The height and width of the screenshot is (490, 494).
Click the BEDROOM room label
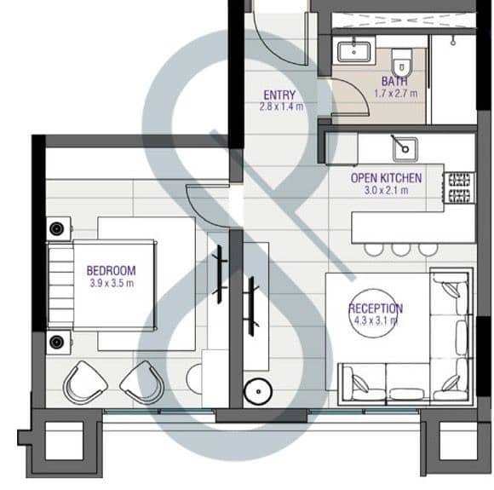click(x=112, y=271)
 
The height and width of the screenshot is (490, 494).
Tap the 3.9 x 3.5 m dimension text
click(x=112, y=283)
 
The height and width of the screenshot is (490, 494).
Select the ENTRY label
click(x=279, y=95)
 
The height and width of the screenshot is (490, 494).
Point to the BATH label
click(x=394, y=81)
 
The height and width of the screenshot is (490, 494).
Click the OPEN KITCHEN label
click(x=386, y=178)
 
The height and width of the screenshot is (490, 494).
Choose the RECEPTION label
click(x=376, y=308)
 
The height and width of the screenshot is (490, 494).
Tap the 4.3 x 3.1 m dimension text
click(x=376, y=320)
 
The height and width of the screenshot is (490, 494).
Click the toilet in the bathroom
click(x=402, y=62)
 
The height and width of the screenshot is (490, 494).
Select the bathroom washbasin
click(x=353, y=52)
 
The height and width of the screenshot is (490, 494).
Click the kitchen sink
click(x=405, y=149)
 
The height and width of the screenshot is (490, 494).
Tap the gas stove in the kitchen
click(x=459, y=188)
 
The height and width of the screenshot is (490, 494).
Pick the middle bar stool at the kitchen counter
click(x=401, y=249)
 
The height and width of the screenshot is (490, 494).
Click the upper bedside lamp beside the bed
click(x=57, y=228)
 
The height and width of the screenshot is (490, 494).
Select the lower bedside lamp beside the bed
click(x=57, y=342)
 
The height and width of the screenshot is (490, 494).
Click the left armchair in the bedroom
click(x=85, y=383)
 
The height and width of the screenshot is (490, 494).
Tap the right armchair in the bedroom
click(x=141, y=383)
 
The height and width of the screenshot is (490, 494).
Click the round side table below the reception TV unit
click(x=258, y=392)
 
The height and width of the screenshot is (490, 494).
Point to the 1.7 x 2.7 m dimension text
click(x=396, y=94)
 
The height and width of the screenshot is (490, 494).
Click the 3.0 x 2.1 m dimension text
click(x=386, y=190)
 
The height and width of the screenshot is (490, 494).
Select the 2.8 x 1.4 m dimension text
click(x=281, y=107)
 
